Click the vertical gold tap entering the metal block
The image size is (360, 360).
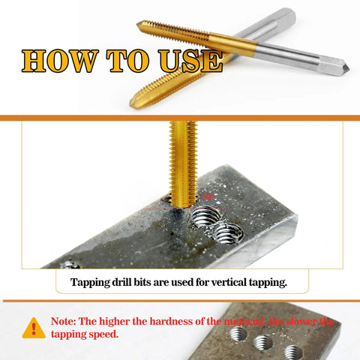click(x=182, y=161)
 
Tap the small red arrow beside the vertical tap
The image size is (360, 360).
click(x=208, y=196)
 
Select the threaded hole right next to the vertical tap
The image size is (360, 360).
click(x=208, y=218)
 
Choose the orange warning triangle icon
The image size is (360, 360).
click(x=33, y=328)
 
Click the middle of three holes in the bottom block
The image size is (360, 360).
click(x=262, y=343)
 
